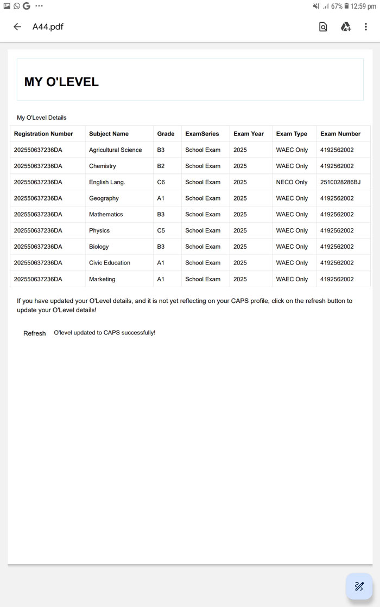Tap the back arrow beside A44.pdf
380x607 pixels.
pyautogui.click(x=17, y=27)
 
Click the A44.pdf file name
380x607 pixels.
pyautogui.click(x=48, y=27)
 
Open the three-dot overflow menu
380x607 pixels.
pyautogui.click(x=366, y=27)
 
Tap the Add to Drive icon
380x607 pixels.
pyautogui.click(x=345, y=27)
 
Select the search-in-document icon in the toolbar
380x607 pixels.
pyautogui.click(x=323, y=27)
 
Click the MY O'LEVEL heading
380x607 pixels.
pyautogui.click(x=61, y=82)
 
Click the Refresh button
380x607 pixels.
pyautogui.click(x=34, y=333)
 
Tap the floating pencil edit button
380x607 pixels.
pyautogui.click(x=359, y=586)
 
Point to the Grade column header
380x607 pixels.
pyautogui.click(x=166, y=134)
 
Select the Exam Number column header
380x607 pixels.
pyautogui.click(x=340, y=134)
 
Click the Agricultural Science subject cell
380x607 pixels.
pyautogui.click(x=115, y=150)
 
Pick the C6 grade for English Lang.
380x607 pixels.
pyautogui.click(x=161, y=182)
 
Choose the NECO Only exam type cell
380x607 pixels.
pyautogui.click(x=292, y=182)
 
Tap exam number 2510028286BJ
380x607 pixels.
pyautogui.click(x=340, y=182)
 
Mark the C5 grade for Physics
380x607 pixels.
pyautogui.click(x=161, y=230)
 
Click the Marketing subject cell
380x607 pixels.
pyautogui.click(x=102, y=279)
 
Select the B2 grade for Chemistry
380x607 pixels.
pyautogui.click(x=161, y=166)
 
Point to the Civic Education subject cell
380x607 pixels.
pyautogui.click(x=110, y=263)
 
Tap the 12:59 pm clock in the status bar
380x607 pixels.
pyautogui.click(x=363, y=6)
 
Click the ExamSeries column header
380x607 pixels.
pyautogui.click(x=202, y=134)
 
